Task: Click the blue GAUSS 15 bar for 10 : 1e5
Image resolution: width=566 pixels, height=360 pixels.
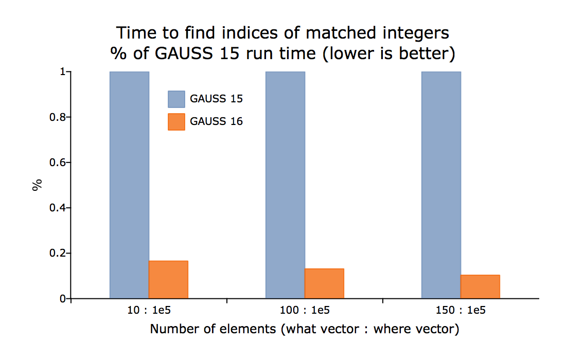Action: coord(129,185)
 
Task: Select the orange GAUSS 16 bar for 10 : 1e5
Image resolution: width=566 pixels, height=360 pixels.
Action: coord(169,280)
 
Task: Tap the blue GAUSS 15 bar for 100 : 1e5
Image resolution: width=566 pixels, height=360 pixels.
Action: coord(285,185)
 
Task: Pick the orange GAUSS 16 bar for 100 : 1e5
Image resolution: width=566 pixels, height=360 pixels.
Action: coord(324,283)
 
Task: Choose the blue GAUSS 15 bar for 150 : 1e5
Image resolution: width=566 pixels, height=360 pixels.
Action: coord(441,185)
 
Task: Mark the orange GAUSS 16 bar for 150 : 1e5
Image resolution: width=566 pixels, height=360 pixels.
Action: coord(480,287)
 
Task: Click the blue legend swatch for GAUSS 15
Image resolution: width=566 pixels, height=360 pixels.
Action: coord(176,99)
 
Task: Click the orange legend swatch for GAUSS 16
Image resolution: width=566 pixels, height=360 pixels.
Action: coord(176,122)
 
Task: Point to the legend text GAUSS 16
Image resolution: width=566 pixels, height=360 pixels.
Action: coord(216,121)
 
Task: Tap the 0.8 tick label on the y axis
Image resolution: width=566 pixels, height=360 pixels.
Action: coord(58,117)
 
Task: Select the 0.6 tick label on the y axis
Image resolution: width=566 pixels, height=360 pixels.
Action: coord(58,163)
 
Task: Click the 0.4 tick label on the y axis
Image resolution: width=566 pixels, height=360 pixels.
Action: coord(58,208)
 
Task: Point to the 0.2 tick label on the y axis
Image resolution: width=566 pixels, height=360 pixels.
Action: coord(58,253)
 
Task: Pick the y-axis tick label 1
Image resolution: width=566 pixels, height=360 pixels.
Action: coord(63,72)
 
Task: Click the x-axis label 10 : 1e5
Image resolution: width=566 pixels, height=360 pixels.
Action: coord(149,310)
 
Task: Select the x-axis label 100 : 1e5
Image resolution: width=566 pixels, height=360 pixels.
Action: coord(305,310)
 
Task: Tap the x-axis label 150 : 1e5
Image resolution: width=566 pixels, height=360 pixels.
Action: coord(461,310)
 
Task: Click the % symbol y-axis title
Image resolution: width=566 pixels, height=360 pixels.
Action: coord(37,185)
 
